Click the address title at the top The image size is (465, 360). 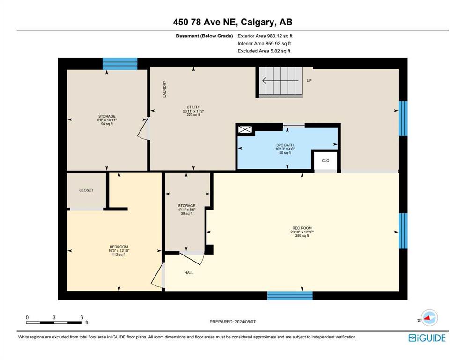point(232,22)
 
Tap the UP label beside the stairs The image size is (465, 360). point(309,81)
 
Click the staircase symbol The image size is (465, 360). point(280,82)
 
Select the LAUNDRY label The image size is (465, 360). point(164,89)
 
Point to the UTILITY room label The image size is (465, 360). point(193,107)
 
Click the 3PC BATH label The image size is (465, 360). point(285,145)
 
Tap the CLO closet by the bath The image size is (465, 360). point(325,161)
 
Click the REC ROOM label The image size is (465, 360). point(302,228)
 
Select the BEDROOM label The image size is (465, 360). point(118,247)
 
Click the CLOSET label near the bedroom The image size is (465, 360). point(86,190)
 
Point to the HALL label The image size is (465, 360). point(189,272)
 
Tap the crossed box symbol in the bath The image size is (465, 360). point(245,129)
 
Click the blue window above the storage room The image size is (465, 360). point(120,64)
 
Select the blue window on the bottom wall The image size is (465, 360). point(290,296)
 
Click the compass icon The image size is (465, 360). point(429,318)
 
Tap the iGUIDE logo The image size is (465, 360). point(427,338)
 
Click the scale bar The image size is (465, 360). point(54,322)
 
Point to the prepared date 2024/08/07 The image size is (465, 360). point(232,322)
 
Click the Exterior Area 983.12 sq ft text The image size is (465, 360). point(265,36)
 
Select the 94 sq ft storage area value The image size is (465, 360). point(107,124)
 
